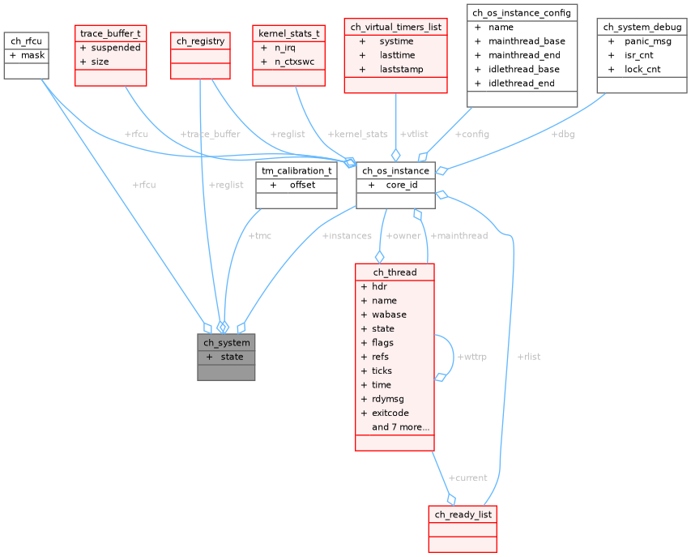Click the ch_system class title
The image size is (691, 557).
click(226, 343)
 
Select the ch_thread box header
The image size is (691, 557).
click(395, 272)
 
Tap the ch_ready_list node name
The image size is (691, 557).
click(463, 515)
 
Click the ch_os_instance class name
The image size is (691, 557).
click(395, 170)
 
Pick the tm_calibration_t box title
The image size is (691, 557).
click(296, 170)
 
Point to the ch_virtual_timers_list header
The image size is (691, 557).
click(395, 27)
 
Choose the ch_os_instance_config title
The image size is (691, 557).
click(523, 13)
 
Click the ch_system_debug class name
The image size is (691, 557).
click(642, 27)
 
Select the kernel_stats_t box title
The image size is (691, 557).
click(288, 34)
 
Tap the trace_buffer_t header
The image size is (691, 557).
click(111, 33)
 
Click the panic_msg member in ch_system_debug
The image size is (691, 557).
click(647, 41)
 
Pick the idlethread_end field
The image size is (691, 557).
click(523, 83)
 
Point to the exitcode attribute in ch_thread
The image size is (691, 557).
click(390, 413)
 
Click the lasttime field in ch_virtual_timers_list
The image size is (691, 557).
click(396, 55)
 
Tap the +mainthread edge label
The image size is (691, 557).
click(459, 236)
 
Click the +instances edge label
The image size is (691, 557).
click(347, 236)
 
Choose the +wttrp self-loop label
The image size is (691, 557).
click(472, 357)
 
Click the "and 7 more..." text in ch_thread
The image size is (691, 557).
click(400, 426)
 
